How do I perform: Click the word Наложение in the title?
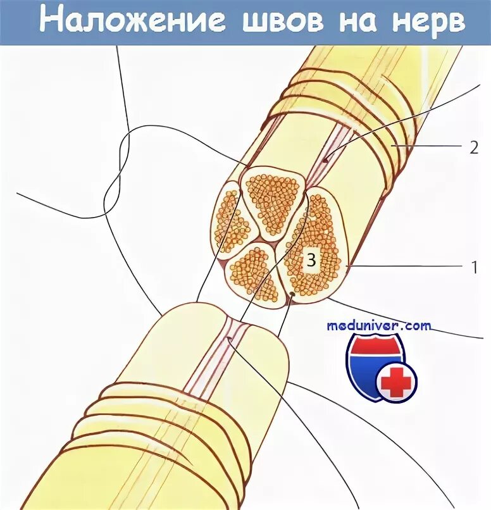pos(132,22)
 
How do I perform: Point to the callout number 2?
pos(473,148)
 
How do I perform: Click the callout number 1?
pos(473,268)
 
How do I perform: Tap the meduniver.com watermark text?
pos(378,327)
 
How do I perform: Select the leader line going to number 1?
pos(411,266)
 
